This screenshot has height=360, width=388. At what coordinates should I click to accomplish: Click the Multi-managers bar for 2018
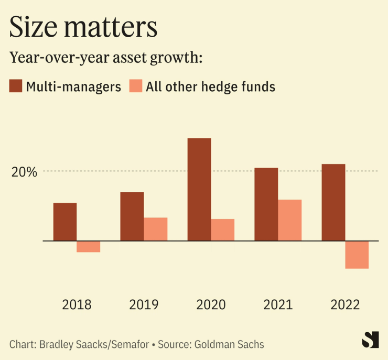coord(65,222)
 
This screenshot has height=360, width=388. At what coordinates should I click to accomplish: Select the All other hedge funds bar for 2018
coord(88,246)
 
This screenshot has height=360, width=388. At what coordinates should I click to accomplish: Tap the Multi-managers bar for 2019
coord(132,216)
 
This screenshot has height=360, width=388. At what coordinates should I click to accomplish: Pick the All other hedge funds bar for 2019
coord(155,229)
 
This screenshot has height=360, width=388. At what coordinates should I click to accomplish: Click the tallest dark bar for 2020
coord(199,189)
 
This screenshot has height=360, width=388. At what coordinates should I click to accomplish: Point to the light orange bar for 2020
coord(222,230)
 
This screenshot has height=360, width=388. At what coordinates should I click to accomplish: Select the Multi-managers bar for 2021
coord(266,204)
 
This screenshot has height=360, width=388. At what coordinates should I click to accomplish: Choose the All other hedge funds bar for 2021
coord(289,220)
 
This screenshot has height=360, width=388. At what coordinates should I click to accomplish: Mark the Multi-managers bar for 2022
coord(333,202)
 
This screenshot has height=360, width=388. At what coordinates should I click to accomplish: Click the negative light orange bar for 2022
coord(357,255)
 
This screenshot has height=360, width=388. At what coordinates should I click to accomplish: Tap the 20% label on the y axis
coord(24,172)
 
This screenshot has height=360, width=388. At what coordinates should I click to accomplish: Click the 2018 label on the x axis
coord(77,304)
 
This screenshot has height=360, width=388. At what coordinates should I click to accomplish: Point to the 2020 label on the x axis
coord(211,304)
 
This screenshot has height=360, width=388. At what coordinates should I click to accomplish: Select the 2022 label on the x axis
coord(345,304)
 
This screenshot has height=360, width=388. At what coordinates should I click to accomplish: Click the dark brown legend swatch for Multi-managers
coord(16,86)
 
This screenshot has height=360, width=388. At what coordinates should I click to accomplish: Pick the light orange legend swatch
coord(135,86)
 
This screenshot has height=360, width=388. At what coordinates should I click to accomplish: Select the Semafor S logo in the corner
coord(370,340)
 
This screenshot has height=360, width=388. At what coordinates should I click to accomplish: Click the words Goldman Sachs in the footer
coord(229,344)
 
